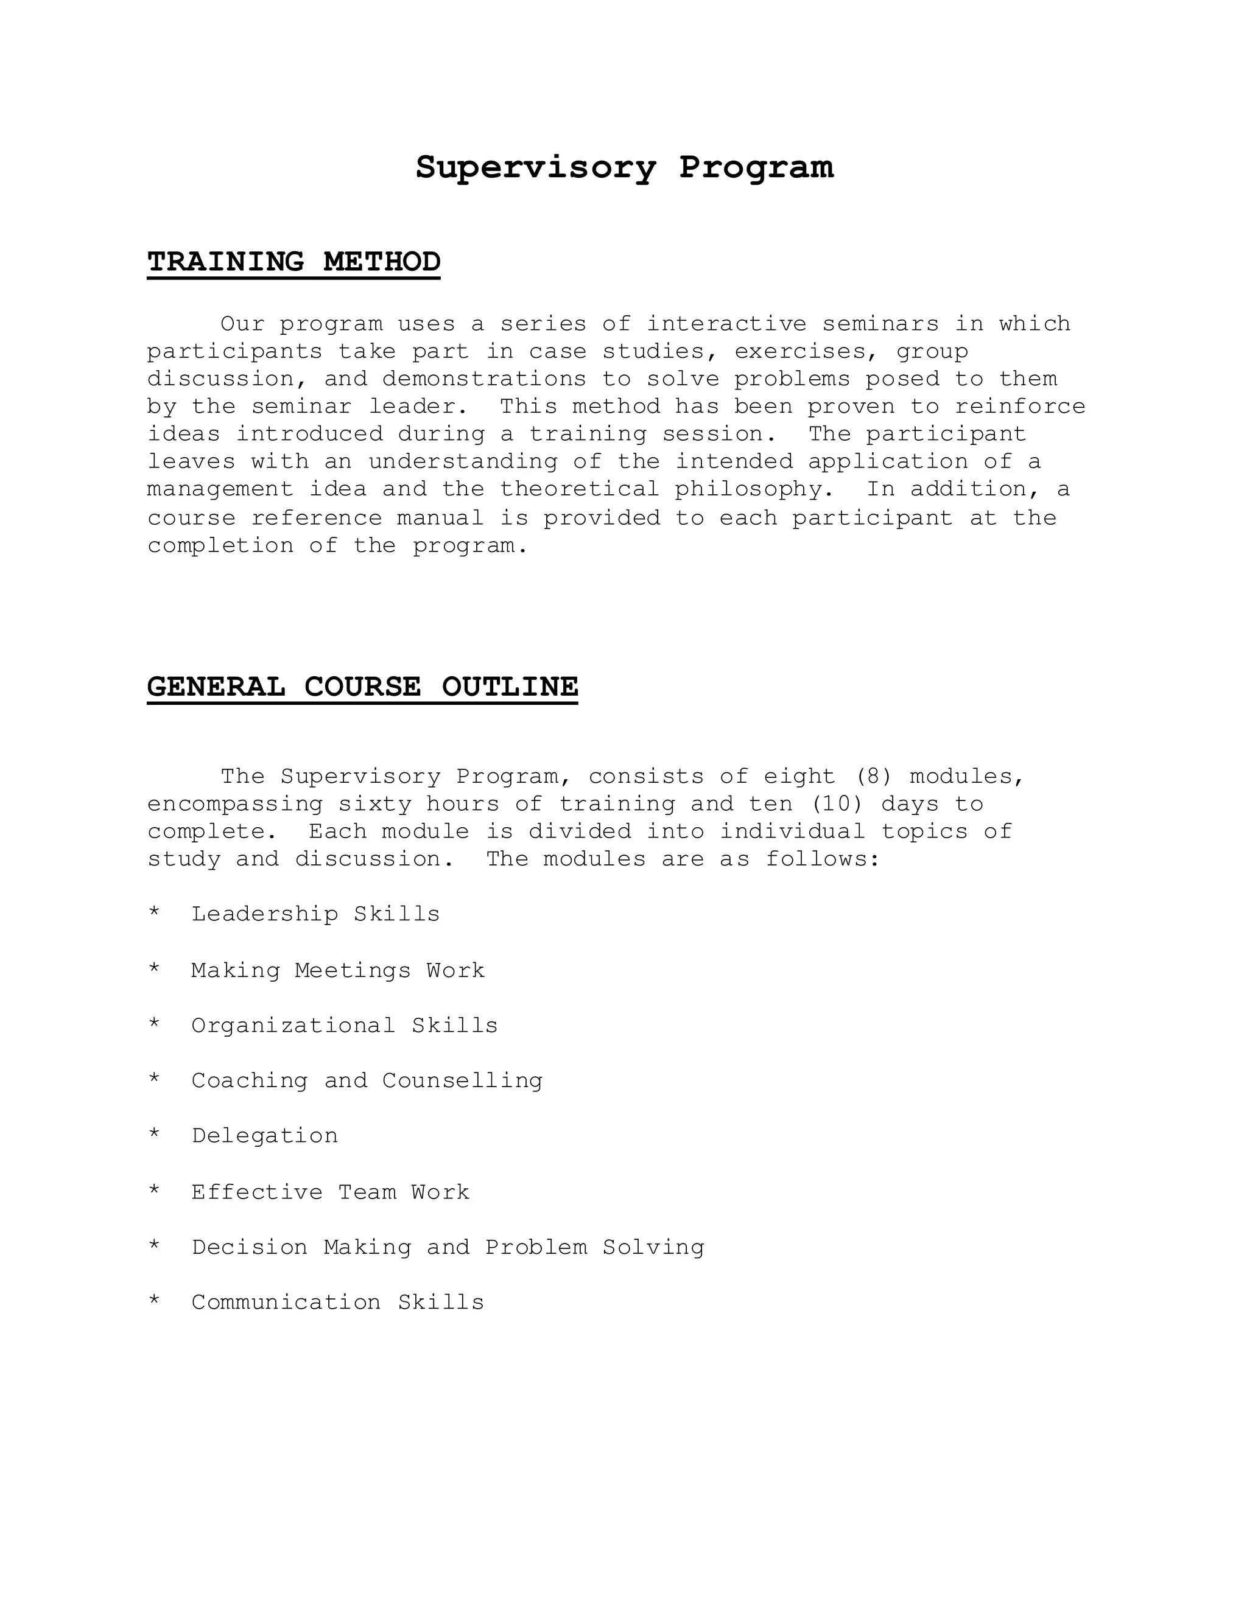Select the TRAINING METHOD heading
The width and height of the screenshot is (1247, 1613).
pyautogui.click(x=293, y=262)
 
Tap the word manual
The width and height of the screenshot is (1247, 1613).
pyautogui.click(x=440, y=518)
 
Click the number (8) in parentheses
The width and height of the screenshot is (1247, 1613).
pyautogui.click(x=873, y=777)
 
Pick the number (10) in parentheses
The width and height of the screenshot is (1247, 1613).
pyautogui.click(x=837, y=804)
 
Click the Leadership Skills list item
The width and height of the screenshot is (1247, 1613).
pyautogui.click(x=315, y=914)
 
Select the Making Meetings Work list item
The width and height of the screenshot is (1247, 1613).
pyautogui.click(x=337, y=970)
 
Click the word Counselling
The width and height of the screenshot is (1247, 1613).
pyautogui.click(x=462, y=1080)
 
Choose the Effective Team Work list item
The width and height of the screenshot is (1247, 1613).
pyautogui.click(x=330, y=1192)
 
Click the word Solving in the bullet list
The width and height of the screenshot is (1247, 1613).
pyautogui.click(x=653, y=1247)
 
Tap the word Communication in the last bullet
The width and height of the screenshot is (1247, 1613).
pyautogui.click(x=286, y=1302)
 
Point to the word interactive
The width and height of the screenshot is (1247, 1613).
pyautogui.click(x=726, y=324)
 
